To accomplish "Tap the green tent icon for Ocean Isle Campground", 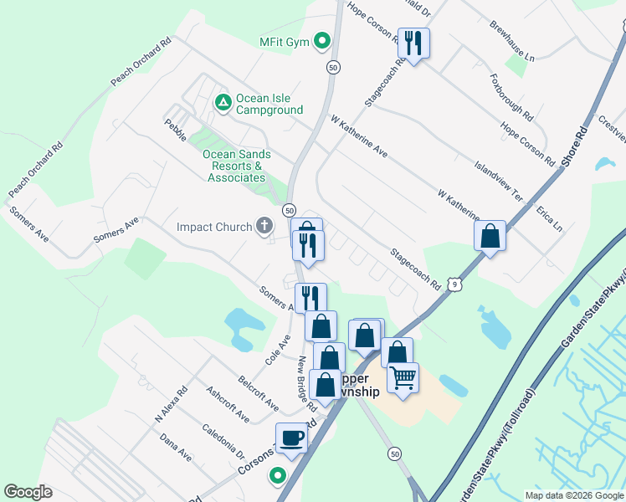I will [x=223, y=103].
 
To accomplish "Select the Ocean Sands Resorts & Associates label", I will [x=237, y=166].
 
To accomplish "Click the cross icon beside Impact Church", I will [x=264, y=226].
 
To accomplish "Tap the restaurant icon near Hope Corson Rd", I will [x=413, y=43].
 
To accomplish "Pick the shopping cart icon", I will [x=403, y=378].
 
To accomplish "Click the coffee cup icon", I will [x=291, y=437].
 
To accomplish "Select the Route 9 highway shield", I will [x=454, y=286].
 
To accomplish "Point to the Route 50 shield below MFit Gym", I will [x=333, y=68].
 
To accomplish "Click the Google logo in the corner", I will [x=28, y=492].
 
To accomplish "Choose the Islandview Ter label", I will [x=499, y=182].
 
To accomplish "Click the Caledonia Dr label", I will [x=223, y=441].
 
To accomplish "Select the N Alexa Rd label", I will [x=167, y=407].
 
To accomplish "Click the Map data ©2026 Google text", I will [x=574, y=495].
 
